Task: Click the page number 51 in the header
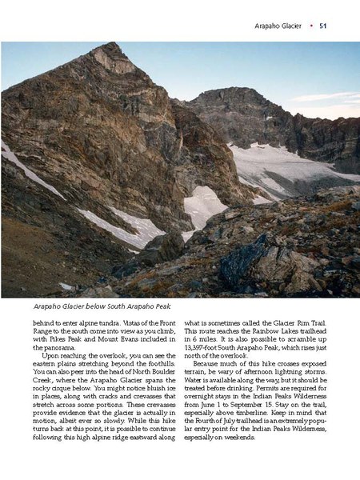click(324, 26)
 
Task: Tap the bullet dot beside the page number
click(310, 26)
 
